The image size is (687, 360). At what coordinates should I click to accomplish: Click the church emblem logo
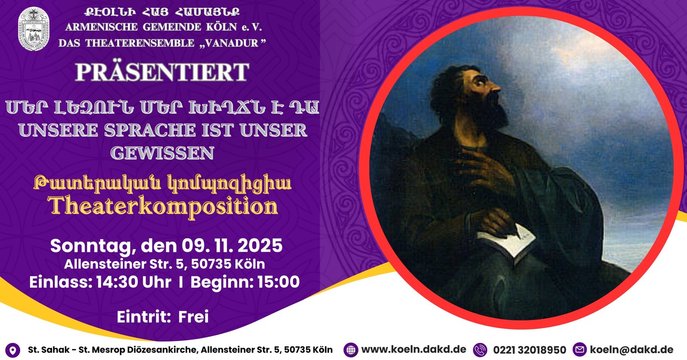[34, 28]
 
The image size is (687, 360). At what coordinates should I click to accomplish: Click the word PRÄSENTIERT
[162, 72]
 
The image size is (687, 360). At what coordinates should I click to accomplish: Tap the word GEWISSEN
[162, 153]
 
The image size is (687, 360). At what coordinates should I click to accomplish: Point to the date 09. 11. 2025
[232, 246]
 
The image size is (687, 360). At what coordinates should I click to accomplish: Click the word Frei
[194, 317]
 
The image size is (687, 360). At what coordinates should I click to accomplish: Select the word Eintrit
[143, 317]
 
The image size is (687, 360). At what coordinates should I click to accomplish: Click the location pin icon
[12, 350]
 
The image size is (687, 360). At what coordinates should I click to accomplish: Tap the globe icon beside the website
[351, 350]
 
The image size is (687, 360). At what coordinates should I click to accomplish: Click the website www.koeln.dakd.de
[414, 349]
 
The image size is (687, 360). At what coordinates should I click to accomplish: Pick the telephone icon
[480, 350]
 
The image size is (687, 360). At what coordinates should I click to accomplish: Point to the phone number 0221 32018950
[530, 350]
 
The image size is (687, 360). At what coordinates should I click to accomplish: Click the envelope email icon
[580, 350]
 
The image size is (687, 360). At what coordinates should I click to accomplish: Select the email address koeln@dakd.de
[632, 350]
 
